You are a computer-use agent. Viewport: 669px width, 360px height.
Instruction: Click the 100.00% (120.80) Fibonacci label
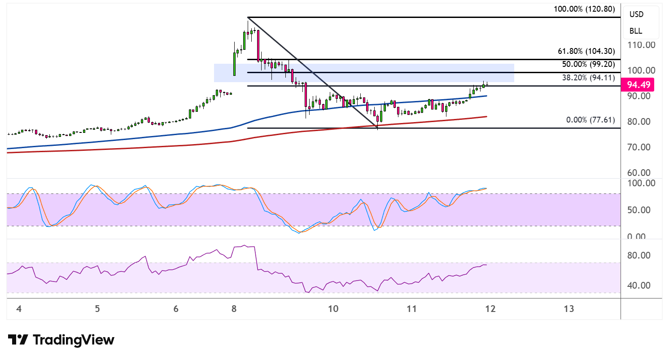(x=584, y=9)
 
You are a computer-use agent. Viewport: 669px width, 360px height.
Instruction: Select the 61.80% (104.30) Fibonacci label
(x=586, y=51)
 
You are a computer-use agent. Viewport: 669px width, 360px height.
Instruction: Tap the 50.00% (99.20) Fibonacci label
(x=588, y=64)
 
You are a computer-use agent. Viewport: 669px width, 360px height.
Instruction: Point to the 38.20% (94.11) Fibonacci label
(x=588, y=78)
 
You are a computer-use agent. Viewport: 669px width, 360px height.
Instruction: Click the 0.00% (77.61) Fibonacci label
(x=590, y=120)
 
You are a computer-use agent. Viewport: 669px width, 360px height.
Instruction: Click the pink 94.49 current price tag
(x=638, y=85)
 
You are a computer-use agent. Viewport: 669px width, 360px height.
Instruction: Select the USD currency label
(x=636, y=14)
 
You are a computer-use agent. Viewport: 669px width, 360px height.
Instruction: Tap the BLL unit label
(x=636, y=31)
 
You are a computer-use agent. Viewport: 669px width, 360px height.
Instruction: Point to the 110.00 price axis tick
(x=641, y=45)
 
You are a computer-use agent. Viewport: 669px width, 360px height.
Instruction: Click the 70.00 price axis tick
(x=638, y=147)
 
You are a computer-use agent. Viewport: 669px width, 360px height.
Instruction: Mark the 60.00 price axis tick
(x=638, y=173)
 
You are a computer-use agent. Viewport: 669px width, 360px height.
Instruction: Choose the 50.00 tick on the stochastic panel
(x=638, y=210)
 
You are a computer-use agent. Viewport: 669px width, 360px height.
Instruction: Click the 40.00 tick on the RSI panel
(x=638, y=285)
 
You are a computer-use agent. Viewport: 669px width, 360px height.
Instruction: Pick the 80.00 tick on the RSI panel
(x=638, y=255)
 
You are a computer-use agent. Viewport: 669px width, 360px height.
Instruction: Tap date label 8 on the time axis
(x=234, y=309)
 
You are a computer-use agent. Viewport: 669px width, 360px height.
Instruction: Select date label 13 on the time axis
(x=569, y=309)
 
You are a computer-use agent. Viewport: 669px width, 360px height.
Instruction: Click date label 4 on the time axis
(x=19, y=309)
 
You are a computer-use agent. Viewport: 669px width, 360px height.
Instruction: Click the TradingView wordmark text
(x=74, y=340)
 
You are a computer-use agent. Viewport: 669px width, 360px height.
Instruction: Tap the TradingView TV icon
(x=18, y=339)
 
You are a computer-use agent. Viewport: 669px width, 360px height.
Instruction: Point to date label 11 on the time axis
(x=411, y=309)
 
